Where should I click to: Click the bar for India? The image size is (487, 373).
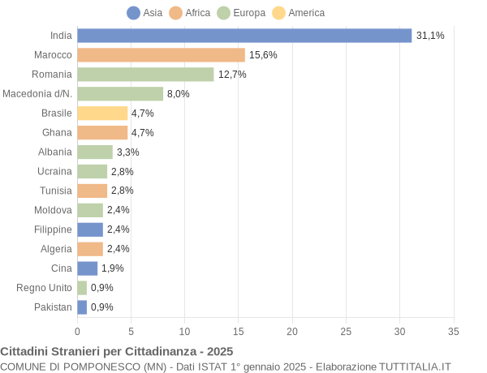(244, 36)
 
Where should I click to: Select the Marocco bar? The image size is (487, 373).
(161, 55)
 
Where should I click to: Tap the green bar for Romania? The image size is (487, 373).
(145, 75)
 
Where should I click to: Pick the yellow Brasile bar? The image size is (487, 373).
(102, 113)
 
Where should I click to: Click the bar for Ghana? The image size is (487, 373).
(102, 132)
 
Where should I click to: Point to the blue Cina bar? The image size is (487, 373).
(87, 268)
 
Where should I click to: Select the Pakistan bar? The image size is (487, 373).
(82, 307)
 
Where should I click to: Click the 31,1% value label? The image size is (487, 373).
(430, 36)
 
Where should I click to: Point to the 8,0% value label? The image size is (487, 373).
(179, 94)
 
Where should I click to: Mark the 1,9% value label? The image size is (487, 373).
(113, 268)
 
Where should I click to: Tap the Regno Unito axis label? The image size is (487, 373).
(44, 288)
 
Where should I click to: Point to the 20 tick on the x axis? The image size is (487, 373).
(292, 331)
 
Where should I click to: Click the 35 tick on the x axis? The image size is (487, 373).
(454, 331)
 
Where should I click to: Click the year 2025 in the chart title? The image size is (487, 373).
(219, 351)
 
